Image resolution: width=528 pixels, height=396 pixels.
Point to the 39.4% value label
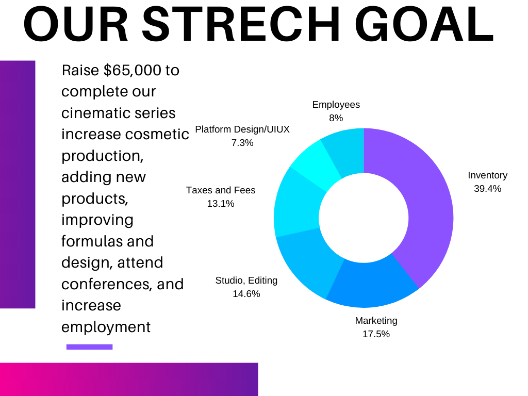pos(487,189)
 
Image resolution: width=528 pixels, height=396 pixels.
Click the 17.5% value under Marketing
pos(376,334)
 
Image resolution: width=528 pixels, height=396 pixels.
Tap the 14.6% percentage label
pos(246,294)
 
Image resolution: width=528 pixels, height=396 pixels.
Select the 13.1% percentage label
pos(220,204)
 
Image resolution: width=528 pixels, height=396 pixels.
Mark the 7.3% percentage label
pos(242,143)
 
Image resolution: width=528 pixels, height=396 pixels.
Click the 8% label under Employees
pos(336,118)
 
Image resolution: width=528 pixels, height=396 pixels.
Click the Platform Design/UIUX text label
pos(242,129)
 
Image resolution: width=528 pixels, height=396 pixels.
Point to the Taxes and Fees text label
pos(220,190)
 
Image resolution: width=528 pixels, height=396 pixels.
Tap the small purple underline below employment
pos(89,347)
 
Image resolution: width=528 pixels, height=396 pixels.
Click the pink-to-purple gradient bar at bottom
pos(129,379)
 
